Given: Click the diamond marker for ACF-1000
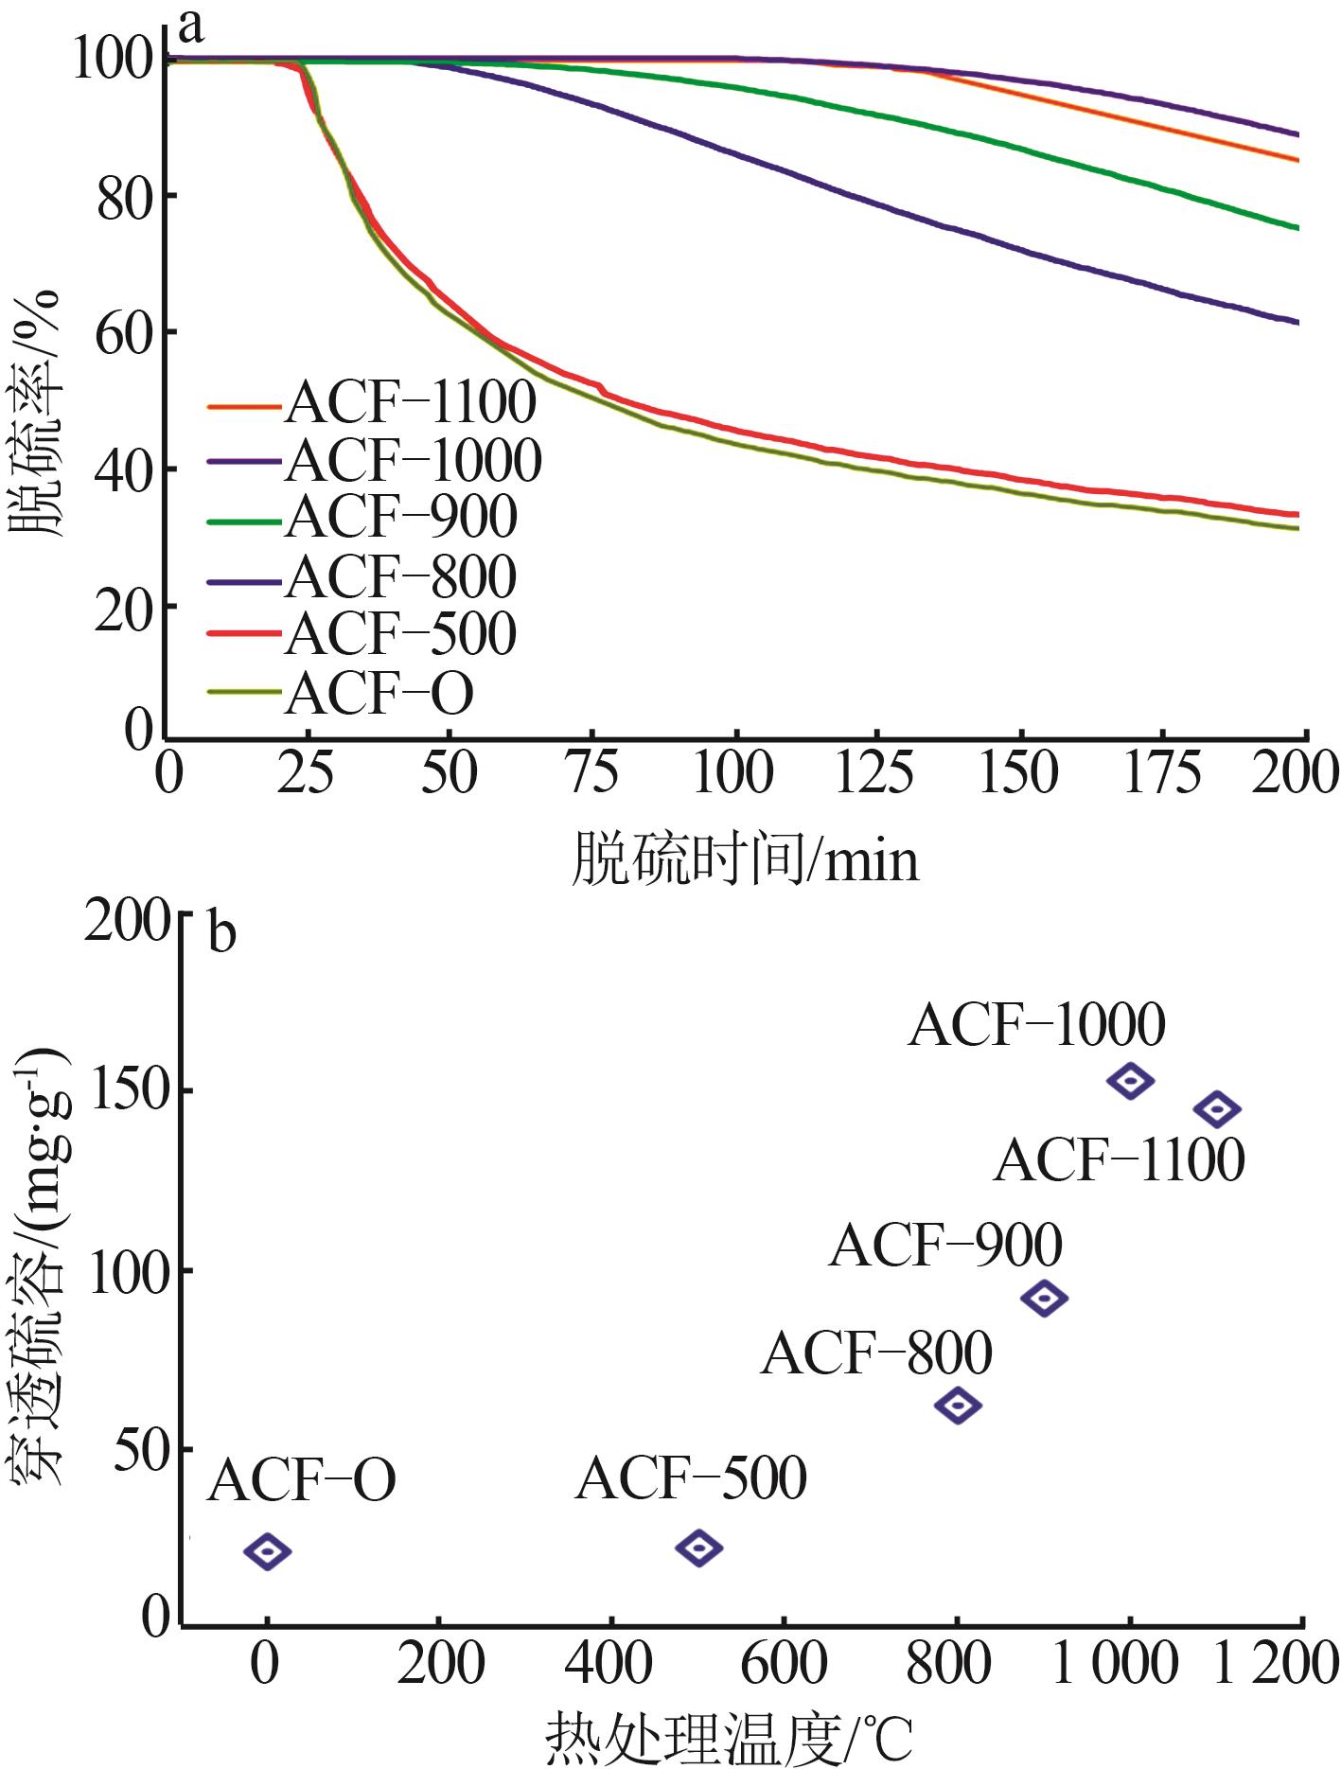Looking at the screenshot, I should (x=1130, y=1079).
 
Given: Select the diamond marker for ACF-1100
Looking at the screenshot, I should (x=1216, y=1108).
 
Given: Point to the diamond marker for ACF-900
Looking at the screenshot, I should (x=1044, y=1298).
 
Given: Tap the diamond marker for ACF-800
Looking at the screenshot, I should (x=958, y=1406).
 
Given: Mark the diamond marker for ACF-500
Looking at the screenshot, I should (x=699, y=1548).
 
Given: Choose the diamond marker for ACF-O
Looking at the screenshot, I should (x=267, y=1550).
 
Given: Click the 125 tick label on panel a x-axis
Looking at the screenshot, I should (x=875, y=774).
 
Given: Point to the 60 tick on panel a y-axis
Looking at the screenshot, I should (x=125, y=333).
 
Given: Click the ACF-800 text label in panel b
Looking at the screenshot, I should (x=876, y=1353).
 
